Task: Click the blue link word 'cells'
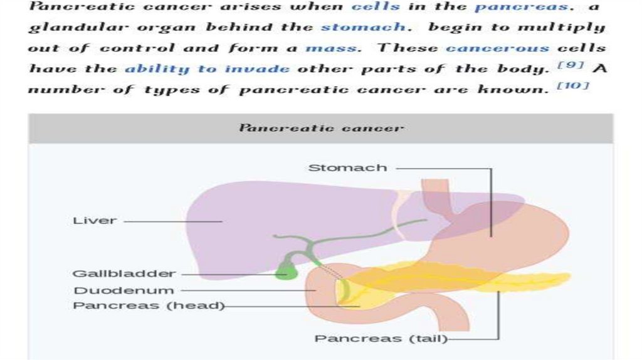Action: click(x=375, y=7)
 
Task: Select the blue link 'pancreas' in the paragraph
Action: click(x=521, y=7)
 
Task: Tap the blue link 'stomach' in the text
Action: click(x=362, y=28)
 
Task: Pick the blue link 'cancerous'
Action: click(x=497, y=48)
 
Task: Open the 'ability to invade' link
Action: click(x=207, y=68)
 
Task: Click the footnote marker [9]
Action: click(x=571, y=65)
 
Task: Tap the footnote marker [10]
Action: click(x=573, y=85)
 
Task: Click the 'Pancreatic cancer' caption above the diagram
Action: click(x=321, y=128)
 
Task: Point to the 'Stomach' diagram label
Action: click(x=347, y=168)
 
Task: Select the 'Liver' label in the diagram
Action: click(x=95, y=221)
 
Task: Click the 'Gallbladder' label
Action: click(x=124, y=273)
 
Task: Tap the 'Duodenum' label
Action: click(x=124, y=290)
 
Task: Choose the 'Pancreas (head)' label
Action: click(x=149, y=306)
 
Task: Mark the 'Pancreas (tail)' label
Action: click(x=381, y=339)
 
